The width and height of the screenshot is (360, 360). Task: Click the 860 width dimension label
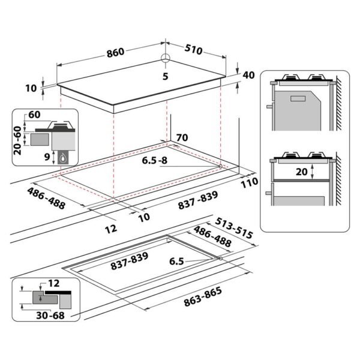click(x=115, y=52)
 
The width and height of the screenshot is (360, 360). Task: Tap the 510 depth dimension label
click(x=194, y=49)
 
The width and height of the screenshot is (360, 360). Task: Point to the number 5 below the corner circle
click(x=166, y=76)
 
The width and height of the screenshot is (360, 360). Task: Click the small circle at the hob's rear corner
click(x=166, y=58)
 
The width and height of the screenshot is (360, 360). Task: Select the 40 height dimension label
click(x=248, y=76)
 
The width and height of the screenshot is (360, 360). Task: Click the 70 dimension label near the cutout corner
click(x=182, y=137)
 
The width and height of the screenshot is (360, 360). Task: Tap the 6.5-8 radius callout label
click(x=155, y=160)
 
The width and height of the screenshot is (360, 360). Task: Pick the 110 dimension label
click(x=250, y=183)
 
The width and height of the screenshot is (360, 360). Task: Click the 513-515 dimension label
click(x=234, y=228)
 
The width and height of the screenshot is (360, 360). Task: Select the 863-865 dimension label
click(x=203, y=296)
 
